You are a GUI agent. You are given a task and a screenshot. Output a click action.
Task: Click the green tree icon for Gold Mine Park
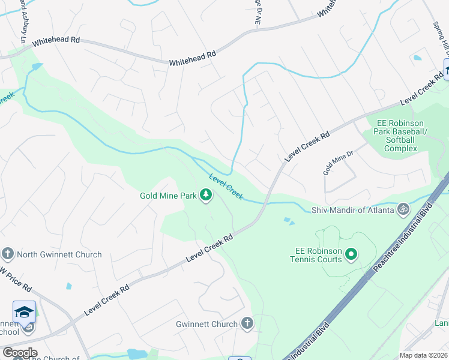206,195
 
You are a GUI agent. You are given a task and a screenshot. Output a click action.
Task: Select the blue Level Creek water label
226,186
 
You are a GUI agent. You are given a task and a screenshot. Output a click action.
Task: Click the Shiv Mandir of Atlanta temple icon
404,209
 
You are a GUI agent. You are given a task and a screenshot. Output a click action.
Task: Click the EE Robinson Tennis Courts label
318,255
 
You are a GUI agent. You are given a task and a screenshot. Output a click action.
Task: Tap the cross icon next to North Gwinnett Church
8,254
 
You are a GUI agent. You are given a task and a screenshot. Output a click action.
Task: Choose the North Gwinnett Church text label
59,254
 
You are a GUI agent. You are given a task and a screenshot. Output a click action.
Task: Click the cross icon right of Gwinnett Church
247,324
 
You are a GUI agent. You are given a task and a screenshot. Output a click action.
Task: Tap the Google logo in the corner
19,353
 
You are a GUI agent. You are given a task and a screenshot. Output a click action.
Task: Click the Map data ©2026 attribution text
424,355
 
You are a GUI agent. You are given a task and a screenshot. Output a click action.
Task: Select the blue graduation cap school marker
24,313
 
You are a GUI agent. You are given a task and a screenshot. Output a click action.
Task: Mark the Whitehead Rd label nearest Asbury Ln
56,41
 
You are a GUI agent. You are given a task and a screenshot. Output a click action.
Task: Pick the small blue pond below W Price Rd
68,286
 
